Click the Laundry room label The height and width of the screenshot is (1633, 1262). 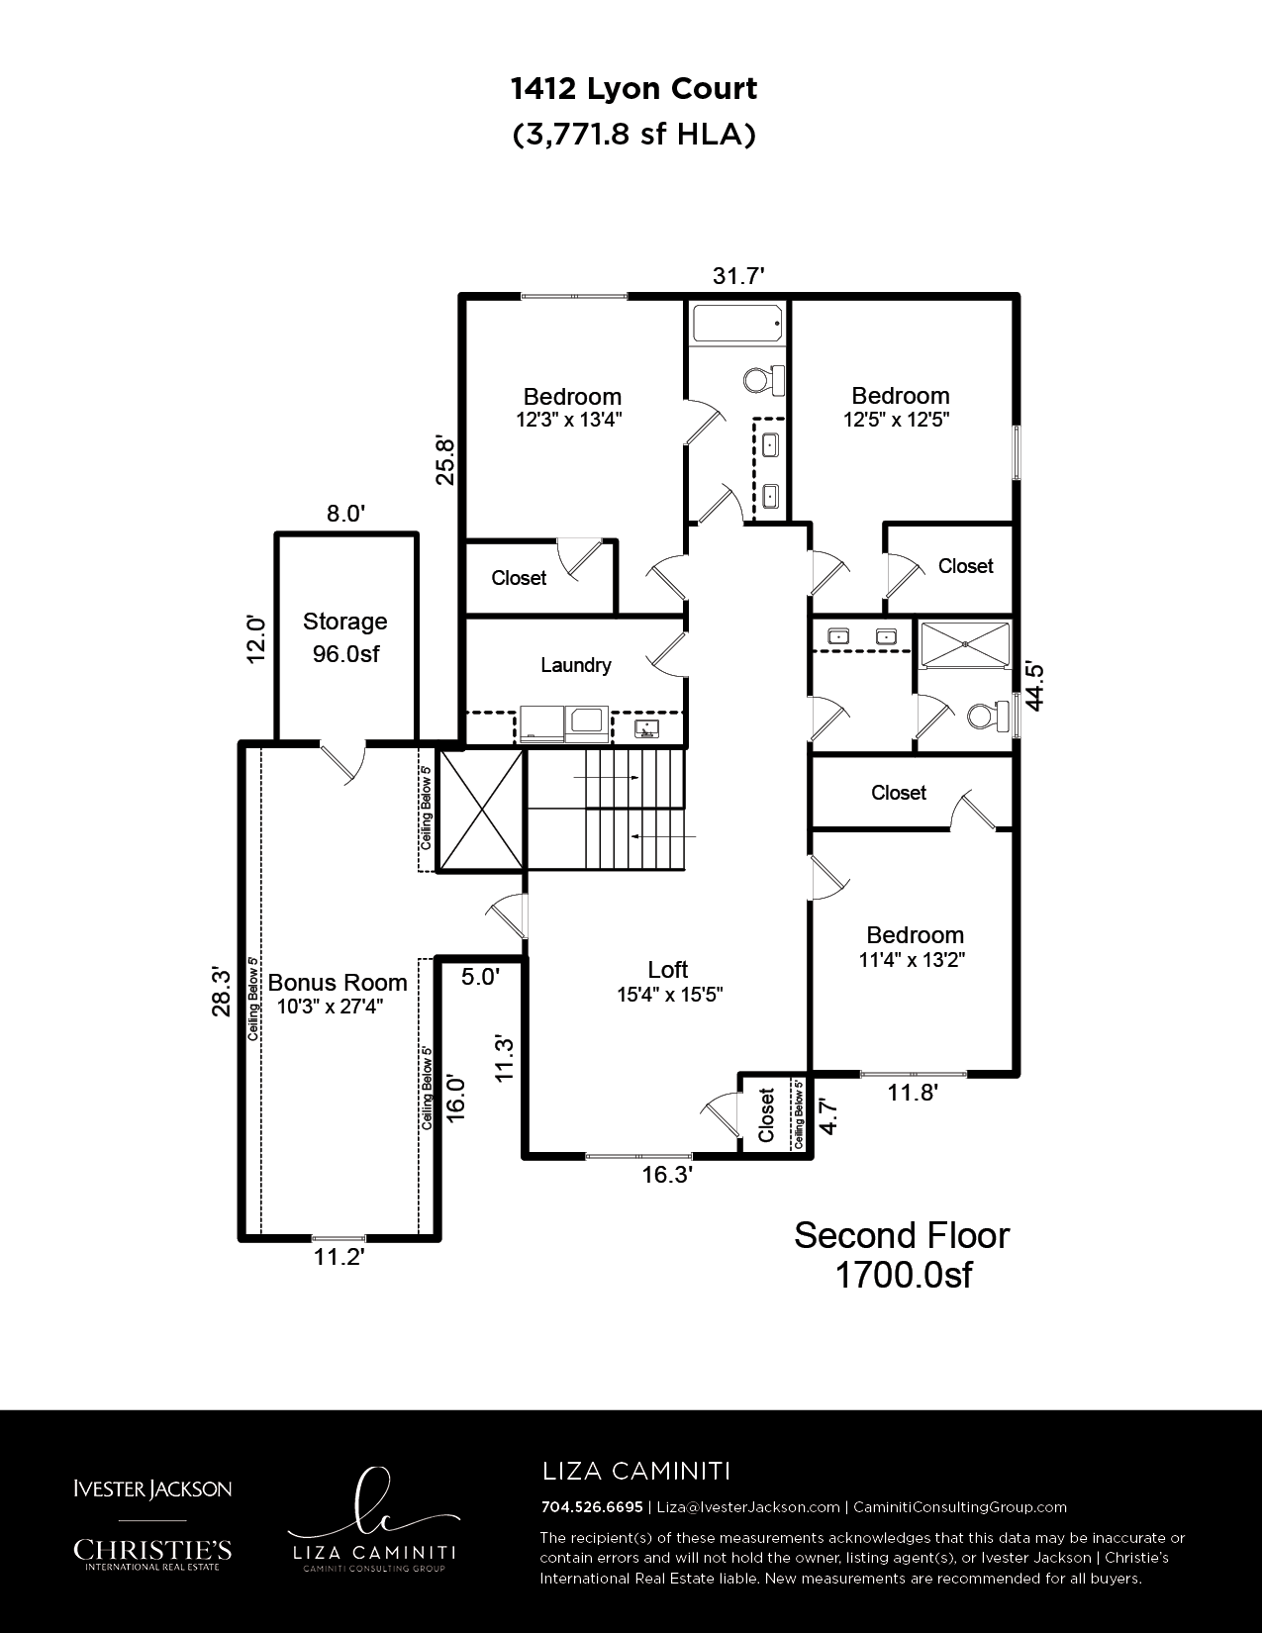(x=576, y=665)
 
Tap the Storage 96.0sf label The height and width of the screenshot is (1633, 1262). (x=345, y=637)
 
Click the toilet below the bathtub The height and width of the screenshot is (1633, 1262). (x=764, y=379)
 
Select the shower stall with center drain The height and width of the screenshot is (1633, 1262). (x=965, y=644)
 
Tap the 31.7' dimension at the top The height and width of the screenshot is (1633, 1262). (x=738, y=276)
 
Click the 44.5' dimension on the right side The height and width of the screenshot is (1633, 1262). (x=1034, y=685)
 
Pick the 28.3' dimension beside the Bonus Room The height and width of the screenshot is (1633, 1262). (x=221, y=992)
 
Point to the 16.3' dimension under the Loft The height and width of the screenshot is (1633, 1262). (x=667, y=1175)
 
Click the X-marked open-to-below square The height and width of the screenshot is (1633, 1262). (x=481, y=811)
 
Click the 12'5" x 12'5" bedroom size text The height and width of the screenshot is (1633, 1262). (x=896, y=419)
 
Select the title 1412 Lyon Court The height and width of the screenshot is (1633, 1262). (x=633, y=89)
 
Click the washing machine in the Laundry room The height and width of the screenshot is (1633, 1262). (x=542, y=722)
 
